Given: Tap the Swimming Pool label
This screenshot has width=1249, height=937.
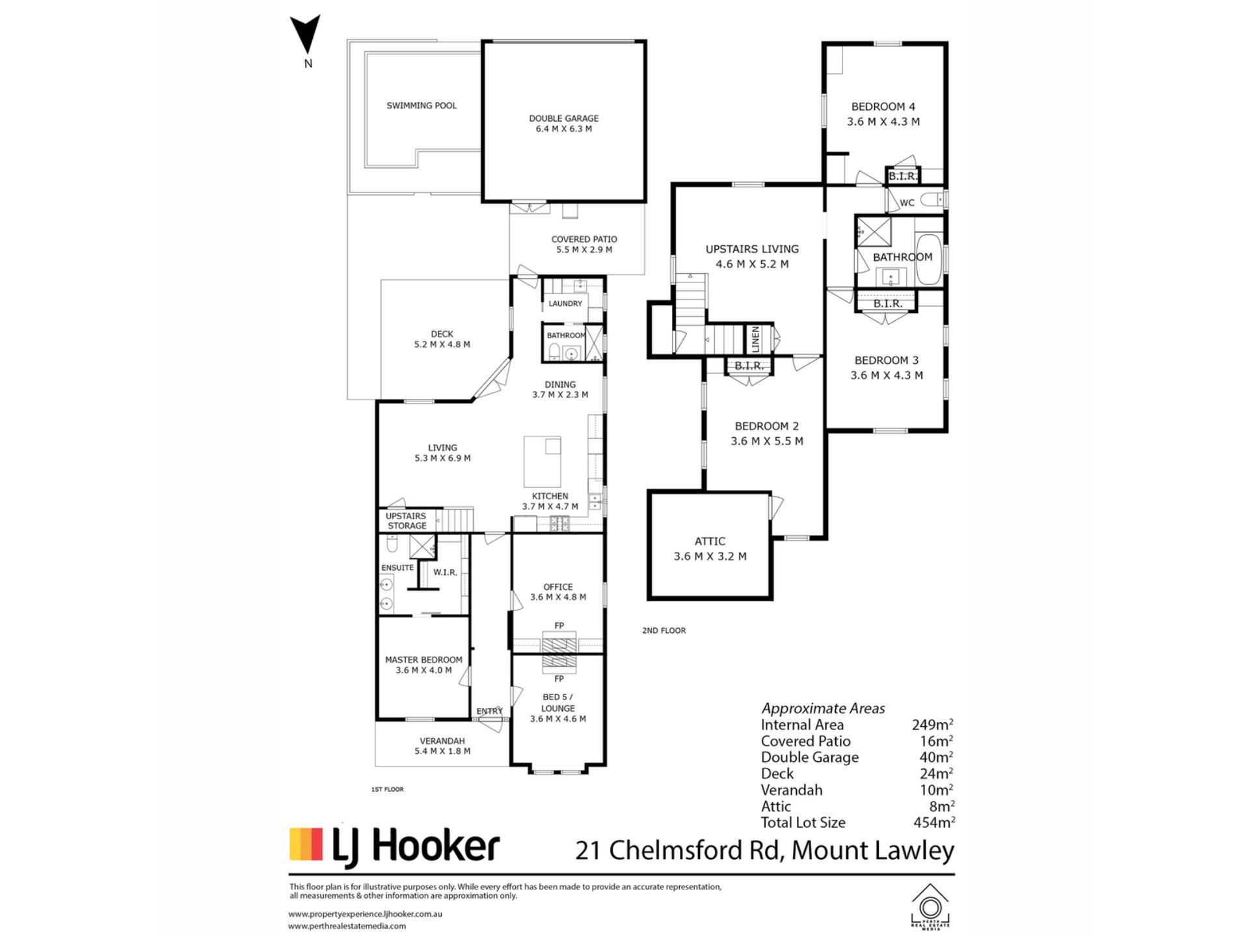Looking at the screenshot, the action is pyautogui.click(x=422, y=105).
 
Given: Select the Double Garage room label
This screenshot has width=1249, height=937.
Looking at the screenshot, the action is pyautogui.click(x=563, y=124).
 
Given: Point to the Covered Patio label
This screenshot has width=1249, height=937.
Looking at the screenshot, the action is pyautogui.click(x=584, y=244).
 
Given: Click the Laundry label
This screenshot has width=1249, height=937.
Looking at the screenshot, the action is pyautogui.click(x=565, y=303).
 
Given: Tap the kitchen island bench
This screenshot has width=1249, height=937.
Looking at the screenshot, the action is pyautogui.click(x=543, y=461).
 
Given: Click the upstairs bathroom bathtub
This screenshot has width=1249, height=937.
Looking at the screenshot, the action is pyautogui.click(x=928, y=259).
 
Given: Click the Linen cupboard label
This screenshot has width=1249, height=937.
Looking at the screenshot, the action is pyautogui.click(x=755, y=340).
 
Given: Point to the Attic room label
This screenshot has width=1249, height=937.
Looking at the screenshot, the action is pyautogui.click(x=710, y=549).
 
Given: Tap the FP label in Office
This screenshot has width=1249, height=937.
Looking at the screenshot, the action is pyautogui.click(x=559, y=626).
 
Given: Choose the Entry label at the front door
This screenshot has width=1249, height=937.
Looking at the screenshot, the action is pyautogui.click(x=489, y=711).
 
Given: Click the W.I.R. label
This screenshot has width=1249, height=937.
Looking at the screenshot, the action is pyautogui.click(x=445, y=573).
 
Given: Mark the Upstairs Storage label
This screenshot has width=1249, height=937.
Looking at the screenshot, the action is pyautogui.click(x=407, y=521).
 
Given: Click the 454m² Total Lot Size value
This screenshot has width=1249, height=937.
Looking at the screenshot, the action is pyautogui.click(x=934, y=822).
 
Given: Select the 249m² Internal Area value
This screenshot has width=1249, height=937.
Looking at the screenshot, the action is pyautogui.click(x=932, y=724).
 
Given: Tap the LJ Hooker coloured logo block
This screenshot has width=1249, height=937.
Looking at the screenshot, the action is pyautogui.click(x=306, y=845).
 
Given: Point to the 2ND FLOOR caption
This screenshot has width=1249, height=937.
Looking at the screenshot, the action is pyautogui.click(x=664, y=631).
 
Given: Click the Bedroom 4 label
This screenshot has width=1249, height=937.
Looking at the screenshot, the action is pyautogui.click(x=883, y=114).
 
